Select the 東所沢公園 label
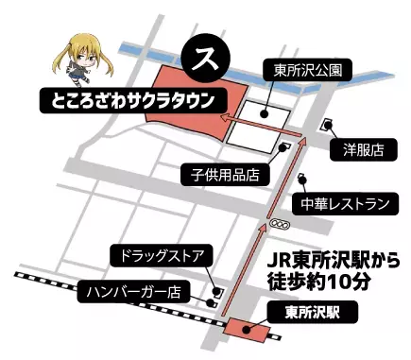pyautogui.click(x=294, y=69)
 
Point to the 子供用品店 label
pyautogui.click(x=227, y=174)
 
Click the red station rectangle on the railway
pyautogui.click(x=248, y=330)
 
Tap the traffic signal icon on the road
pyautogui.click(x=279, y=223)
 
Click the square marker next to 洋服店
pyautogui.click(x=328, y=123)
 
